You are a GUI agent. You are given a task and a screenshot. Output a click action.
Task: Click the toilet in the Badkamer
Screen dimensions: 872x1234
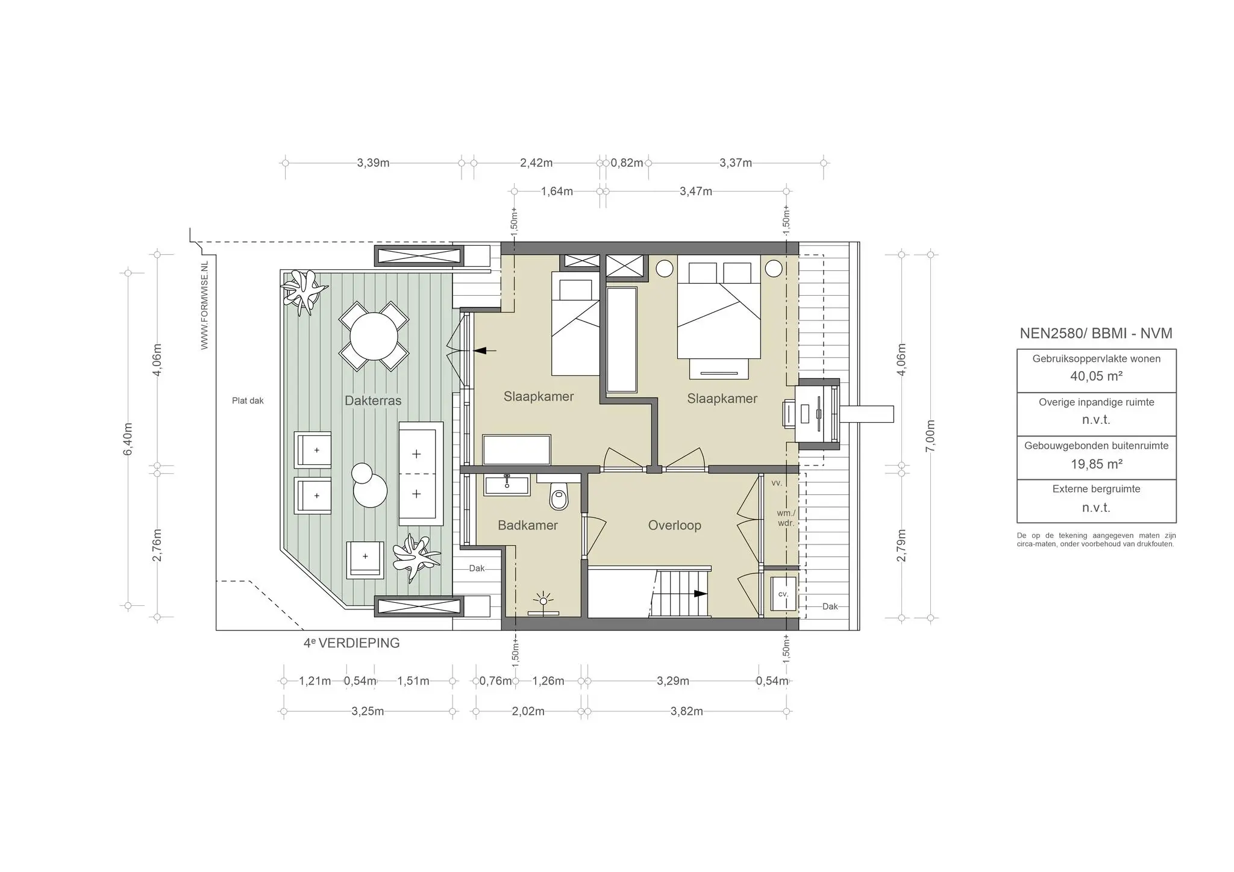(x=559, y=496)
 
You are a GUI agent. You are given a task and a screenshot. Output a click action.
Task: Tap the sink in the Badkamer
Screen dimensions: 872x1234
(x=507, y=485)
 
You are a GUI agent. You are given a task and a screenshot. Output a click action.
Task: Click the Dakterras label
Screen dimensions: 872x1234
(x=373, y=400)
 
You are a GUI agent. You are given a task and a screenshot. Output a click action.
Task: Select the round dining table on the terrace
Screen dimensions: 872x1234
(x=374, y=336)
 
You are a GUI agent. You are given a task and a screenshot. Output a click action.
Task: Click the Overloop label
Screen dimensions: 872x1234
(x=674, y=525)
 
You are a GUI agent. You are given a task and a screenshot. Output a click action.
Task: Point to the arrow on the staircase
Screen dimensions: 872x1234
(x=699, y=593)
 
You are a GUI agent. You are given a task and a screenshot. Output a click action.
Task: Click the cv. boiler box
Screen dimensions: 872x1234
(x=783, y=594)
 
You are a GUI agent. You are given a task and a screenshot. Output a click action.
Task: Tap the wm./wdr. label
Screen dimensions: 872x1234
(x=786, y=518)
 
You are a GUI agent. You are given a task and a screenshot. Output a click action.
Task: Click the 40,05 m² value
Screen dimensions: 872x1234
(x=1096, y=376)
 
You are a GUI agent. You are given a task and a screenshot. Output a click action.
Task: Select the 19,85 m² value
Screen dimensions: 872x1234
(x=1096, y=464)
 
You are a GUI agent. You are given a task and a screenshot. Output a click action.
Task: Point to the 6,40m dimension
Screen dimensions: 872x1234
(x=128, y=439)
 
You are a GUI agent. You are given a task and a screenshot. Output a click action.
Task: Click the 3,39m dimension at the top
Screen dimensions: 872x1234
(x=373, y=163)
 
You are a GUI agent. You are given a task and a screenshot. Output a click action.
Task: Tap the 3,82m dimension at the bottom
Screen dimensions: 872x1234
(x=686, y=711)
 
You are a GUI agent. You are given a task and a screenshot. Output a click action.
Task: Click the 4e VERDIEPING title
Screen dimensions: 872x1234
(x=351, y=643)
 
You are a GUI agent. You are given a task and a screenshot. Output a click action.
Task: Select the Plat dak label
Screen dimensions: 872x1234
(x=248, y=400)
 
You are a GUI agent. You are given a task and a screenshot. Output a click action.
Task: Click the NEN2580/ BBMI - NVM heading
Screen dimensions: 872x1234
(x=1095, y=333)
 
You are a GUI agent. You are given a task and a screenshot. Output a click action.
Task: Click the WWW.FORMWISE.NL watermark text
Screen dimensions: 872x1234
(x=205, y=305)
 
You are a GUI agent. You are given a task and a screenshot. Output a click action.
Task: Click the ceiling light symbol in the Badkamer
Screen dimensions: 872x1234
(x=543, y=601)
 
